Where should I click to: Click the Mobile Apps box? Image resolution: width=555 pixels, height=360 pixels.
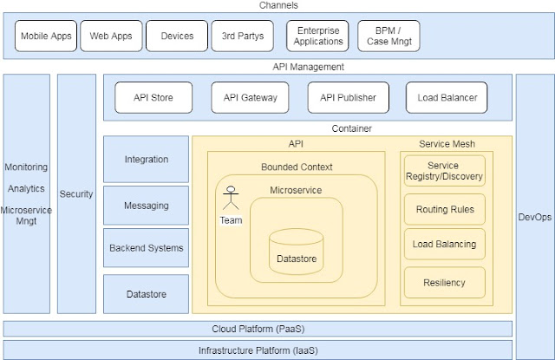tap(47, 36)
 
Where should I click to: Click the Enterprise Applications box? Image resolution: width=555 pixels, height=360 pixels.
tap(317, 36)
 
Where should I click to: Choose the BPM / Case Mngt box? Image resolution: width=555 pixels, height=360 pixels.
tap(388, 36)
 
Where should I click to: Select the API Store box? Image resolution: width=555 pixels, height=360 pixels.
tap(152, 98)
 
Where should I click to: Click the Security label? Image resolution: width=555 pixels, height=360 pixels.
tap(76, 194)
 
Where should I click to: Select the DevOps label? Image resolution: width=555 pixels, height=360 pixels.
tap(533, 216)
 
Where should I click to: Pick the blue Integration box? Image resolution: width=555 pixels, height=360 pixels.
tap(146, 160)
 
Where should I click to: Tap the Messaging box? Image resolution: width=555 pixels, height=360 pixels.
tap(146, 206)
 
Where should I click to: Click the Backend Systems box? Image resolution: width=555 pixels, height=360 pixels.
tap(146, 248)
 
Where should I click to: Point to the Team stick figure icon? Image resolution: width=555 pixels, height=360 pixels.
tap(231, 199)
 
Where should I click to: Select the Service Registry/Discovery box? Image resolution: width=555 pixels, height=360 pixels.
tap(444, 171)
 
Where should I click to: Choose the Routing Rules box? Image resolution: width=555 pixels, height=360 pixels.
tap(444, 209)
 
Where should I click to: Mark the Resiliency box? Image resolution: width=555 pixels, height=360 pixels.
tap(444, 283)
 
